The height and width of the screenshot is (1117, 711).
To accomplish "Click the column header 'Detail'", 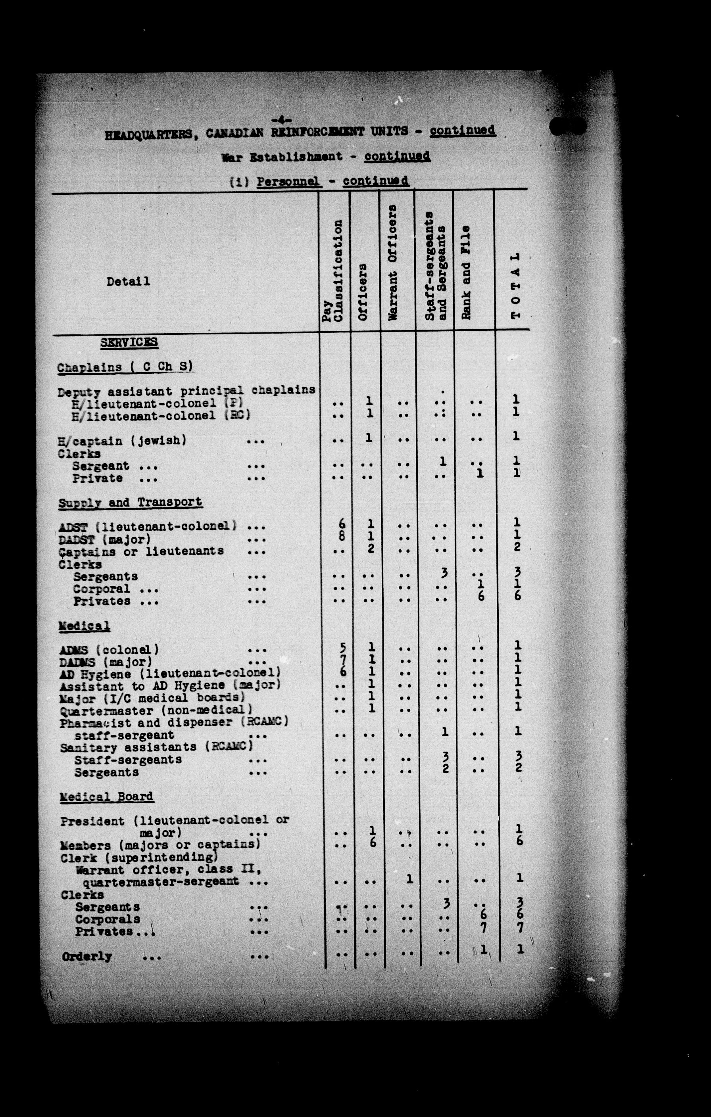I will pos(128,281).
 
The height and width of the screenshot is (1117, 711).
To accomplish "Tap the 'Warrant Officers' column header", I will pos(393,262).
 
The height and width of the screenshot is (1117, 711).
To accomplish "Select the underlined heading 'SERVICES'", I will pos(129,342).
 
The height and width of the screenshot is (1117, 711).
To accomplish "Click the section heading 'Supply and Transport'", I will pos(130,502).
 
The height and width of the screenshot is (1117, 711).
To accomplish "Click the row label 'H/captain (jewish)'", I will pos(122,440).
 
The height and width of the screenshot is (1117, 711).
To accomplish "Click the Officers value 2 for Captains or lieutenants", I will pos(370,549).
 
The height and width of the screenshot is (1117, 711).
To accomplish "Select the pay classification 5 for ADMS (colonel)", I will pos(342,647).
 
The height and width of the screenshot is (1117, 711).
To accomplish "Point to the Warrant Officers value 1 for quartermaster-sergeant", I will pos(409,878).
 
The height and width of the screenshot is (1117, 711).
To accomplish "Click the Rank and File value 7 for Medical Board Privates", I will pos(483,928).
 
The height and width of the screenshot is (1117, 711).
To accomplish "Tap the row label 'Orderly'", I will pos(87,956).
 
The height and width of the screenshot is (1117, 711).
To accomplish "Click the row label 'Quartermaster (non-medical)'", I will pos(156,710).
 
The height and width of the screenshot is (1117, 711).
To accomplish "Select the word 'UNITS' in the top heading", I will pos(389,131).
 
